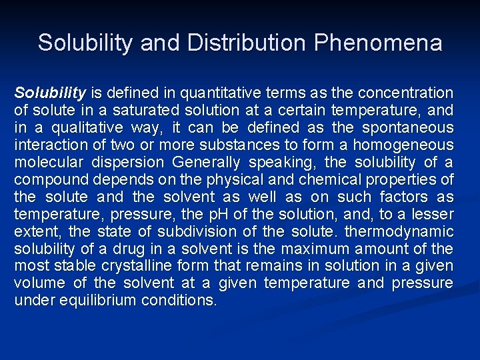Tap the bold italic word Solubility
pyautogui.click(x=50, y=93)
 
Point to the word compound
pyautogui.click(x=49, y=179)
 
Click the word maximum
pyautogui.click(x=311, y=249)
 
